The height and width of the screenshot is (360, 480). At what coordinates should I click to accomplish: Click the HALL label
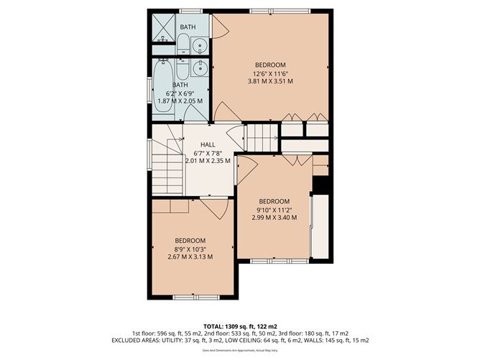(208, 144)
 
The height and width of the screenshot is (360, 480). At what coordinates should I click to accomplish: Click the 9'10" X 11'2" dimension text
(274, 210)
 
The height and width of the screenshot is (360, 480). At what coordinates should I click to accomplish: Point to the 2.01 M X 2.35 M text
(208, 160)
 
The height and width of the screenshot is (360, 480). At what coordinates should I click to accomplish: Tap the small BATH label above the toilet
(188, 27)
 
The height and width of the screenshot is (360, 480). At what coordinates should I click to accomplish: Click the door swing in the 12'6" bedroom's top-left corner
(220, 26)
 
